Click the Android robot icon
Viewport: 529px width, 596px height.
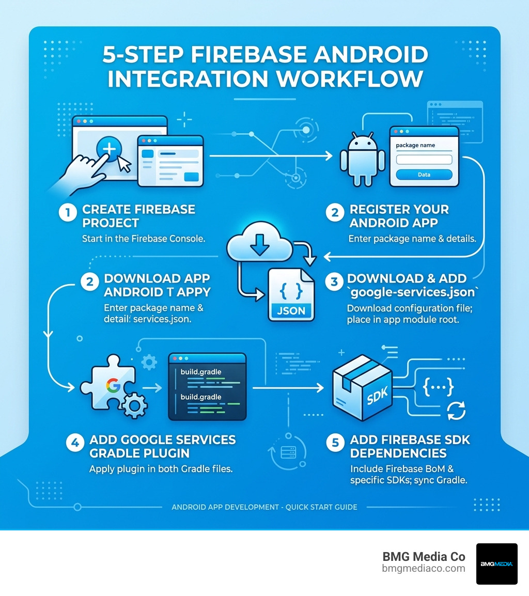tap(363, 159)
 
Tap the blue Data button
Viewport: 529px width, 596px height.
tap(424, 175)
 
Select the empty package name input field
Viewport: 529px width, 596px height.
tap(424, 159)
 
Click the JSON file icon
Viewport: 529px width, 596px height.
tap(291, 295)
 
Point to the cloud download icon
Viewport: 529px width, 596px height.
tap(260, 242)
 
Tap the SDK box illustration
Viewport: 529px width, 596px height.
tap(362, 388)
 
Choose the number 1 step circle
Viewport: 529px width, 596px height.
tap(68, 212)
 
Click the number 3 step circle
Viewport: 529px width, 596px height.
tap(334, 282)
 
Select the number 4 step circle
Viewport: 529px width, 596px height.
tap(75, 443)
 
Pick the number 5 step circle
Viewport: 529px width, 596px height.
tap(335, 443)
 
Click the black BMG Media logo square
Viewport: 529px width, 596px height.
tap(496, 563)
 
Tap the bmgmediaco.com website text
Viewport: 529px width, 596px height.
tap(424, 569)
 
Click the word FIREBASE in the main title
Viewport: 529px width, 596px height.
tap(248, 54)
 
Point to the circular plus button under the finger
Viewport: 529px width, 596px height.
tap(109, 149)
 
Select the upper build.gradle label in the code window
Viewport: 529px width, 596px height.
tap(201, 372)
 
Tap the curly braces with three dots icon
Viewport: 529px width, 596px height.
tap(438, 387)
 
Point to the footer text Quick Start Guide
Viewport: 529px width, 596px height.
tap(321, 507)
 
